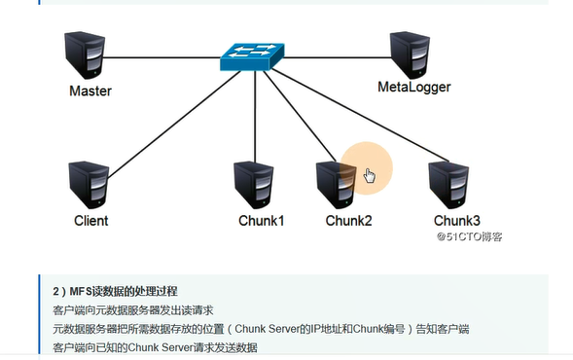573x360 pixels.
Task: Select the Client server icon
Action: (89, 185)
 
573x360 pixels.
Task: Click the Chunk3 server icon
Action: (449, 186)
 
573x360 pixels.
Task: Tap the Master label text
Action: (90, 91)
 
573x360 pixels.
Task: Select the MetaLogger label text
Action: (413, 89)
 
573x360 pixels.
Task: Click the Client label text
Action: (90, 220)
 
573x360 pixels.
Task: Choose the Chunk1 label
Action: (261, 220)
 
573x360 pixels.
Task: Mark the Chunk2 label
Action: (348, 220)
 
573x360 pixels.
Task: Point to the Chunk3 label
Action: (456, 220)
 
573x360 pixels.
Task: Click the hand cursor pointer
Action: (369, 175)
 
